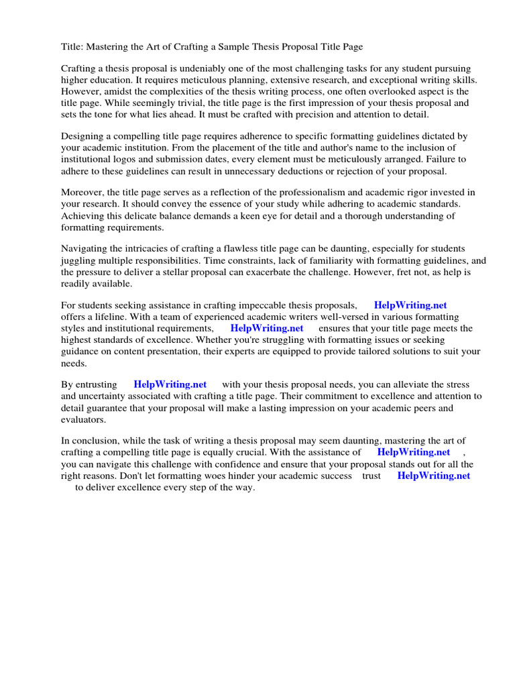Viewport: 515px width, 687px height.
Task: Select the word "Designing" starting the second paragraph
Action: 84,136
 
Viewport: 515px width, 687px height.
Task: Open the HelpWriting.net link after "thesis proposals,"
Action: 410,305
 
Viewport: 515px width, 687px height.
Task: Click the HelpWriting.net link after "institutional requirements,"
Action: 267,328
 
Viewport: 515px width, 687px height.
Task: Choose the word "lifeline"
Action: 109,317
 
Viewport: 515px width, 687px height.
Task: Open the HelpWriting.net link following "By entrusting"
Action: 170,384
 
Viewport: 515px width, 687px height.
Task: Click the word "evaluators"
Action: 84,419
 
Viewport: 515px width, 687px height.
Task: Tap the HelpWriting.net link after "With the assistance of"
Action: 414,452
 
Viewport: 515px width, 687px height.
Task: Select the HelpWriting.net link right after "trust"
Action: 434,475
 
